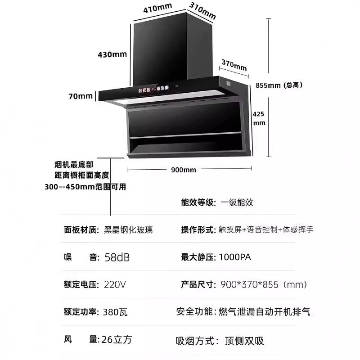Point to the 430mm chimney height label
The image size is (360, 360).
click(x=112, y=54)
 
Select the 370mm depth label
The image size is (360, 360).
click(x=234, y=65)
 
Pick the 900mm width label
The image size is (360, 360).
click(x=184, y=170)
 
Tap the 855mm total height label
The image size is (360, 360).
click(x=279, y=85)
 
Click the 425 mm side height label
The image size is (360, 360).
click(x=259, y=118)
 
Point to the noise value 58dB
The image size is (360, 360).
click(x=117, y=257)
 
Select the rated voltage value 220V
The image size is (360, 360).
click(x=115, y=285)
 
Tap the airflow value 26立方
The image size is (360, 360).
click(x=117, y=339)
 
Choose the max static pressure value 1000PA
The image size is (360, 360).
click(x=234, y=257)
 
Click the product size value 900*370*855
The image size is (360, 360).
click(x=264, y=285)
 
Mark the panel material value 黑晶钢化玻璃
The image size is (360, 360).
click(x=128, y=229)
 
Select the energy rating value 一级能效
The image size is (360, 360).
click(x=237, y=202)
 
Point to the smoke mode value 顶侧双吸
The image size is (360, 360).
click(x=244, y=341)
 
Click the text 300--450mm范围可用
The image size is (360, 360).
click(x=85, y=187)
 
